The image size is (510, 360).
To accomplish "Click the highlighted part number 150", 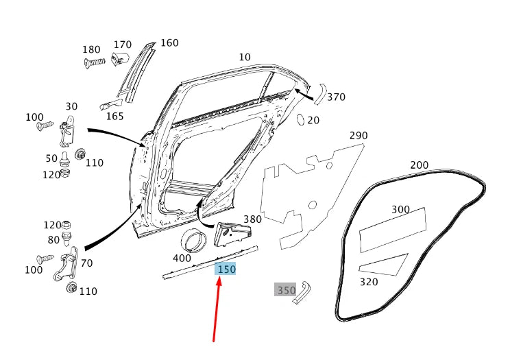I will pos(226,269).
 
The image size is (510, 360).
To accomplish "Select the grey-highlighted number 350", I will pos(286,290).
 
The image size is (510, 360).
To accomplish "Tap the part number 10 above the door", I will pos(245,57).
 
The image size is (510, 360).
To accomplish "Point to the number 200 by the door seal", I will pos(419,165).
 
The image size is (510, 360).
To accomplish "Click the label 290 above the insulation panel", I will pos(359,135).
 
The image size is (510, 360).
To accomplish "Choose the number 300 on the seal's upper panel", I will pos(401,209).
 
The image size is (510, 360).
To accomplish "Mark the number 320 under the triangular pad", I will pos(368,281).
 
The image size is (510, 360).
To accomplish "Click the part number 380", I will pos(252,219).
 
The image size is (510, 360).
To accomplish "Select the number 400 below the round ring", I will pos(182,259).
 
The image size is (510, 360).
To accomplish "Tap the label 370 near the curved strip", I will pos(336,97).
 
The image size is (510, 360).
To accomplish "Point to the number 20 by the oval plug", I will pos(313,121).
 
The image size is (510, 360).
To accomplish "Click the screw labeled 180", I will pos(95,62).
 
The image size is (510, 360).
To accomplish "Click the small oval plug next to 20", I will pos(300,120).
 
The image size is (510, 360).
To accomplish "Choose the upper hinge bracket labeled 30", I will pos(67,132).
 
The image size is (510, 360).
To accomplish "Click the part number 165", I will pos(114,116).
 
